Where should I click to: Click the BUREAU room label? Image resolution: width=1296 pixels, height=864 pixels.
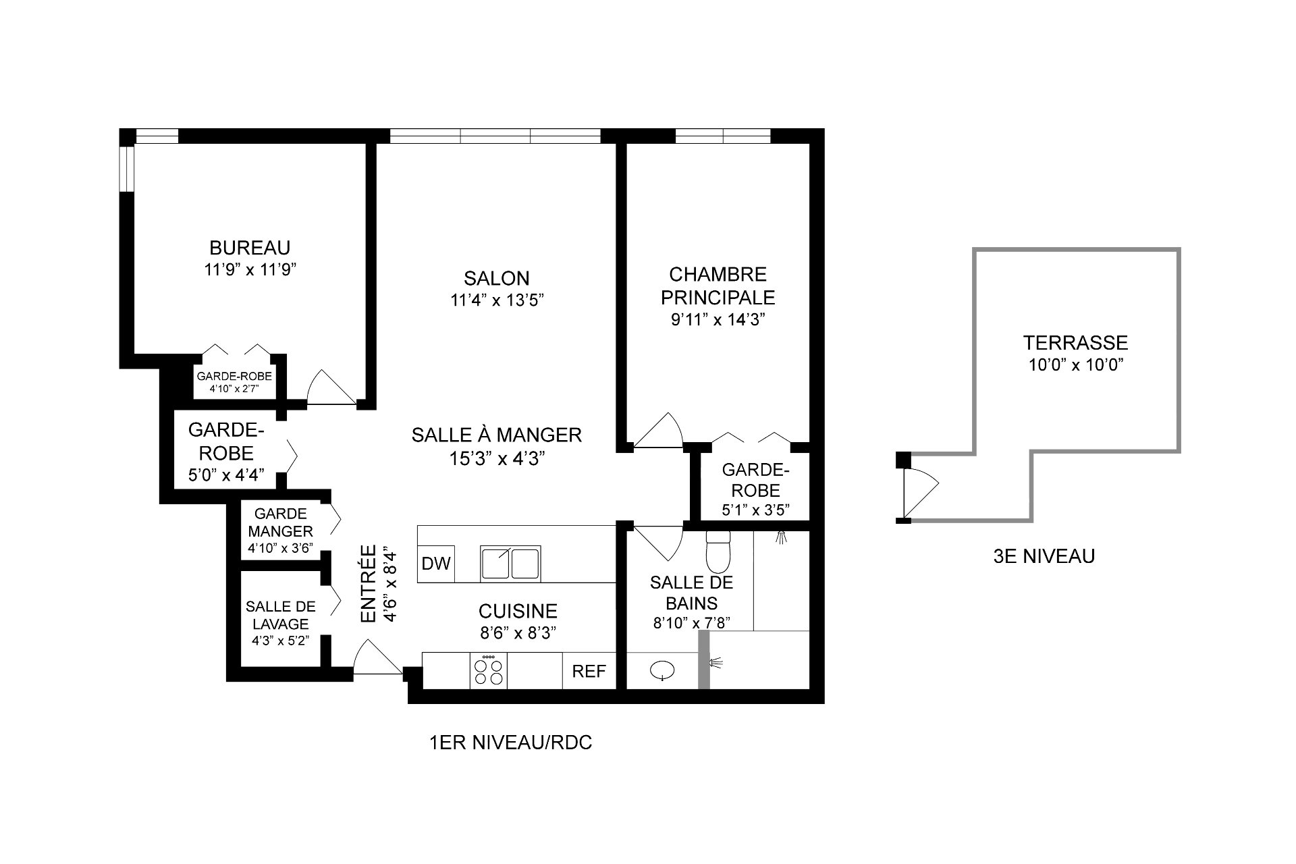(250, 247)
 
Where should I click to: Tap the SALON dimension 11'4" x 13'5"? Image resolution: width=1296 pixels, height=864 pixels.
(497, 300)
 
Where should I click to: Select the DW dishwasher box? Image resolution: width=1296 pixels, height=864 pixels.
(435, 564)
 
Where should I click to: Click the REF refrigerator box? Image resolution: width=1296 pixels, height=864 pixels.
(589, 672)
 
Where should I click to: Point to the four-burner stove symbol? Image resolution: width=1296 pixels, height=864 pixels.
(488, 671)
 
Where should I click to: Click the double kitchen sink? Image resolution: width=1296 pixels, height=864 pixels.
(510, 564)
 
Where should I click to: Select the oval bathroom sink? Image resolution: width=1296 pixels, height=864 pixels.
(663, 670)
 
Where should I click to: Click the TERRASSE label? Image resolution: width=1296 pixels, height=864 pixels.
(1075, 343)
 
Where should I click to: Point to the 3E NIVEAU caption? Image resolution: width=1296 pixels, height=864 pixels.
(1044, 556)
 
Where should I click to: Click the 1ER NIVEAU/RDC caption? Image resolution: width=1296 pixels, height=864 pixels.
(510, 743)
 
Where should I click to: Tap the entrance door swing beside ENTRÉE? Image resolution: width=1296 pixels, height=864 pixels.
(375, 658)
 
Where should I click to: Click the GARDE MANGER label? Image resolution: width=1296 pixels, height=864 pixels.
(280, 522)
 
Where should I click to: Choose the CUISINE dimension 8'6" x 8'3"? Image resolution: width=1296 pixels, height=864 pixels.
(517, 633)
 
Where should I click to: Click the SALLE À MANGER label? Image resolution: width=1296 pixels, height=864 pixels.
(496, 435)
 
